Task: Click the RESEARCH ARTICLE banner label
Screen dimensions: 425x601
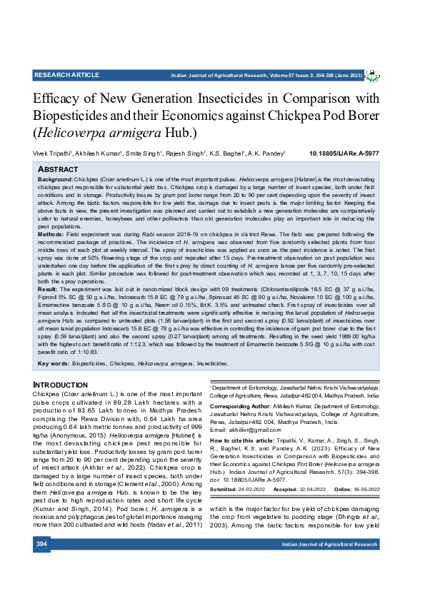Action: point(66,74)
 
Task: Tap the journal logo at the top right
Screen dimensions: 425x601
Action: point(372,75)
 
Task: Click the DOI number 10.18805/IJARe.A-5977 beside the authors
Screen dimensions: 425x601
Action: point(344,153)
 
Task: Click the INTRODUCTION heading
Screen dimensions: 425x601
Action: point(61,385)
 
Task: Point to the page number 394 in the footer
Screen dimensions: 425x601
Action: point(42,545)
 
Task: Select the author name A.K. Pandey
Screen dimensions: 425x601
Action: point(268,153)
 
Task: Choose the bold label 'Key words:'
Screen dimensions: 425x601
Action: point(53,363)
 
